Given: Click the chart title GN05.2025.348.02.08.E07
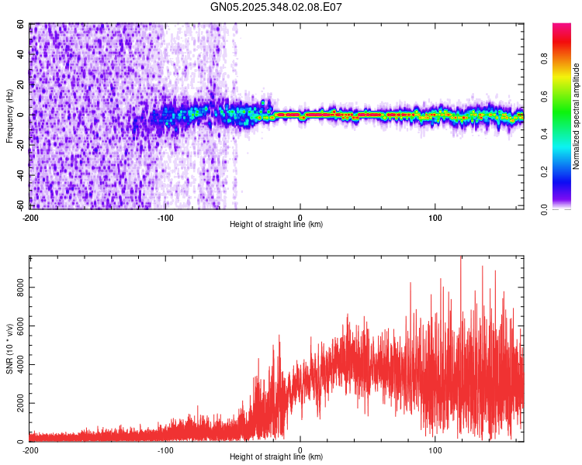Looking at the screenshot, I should [276, 7].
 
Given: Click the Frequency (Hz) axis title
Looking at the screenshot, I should [9, 116].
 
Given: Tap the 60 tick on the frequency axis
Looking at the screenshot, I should [21, 24].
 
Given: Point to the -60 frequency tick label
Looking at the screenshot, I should [19, 205].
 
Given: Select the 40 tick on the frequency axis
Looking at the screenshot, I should [21, 54].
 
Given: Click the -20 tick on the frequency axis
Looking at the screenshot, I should [19, 145].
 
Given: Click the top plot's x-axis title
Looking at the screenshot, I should [276, 224].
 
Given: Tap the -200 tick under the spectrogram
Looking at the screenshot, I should [29, 217].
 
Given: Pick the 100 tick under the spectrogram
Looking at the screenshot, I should [435, 217].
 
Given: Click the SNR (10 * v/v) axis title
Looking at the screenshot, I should [9, 350].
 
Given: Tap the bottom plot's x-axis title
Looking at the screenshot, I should [276, 457].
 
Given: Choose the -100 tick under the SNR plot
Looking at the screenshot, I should [165, 450].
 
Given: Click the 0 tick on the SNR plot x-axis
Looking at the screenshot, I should [300, 450].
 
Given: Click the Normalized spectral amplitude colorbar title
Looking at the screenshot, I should [576, 116].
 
